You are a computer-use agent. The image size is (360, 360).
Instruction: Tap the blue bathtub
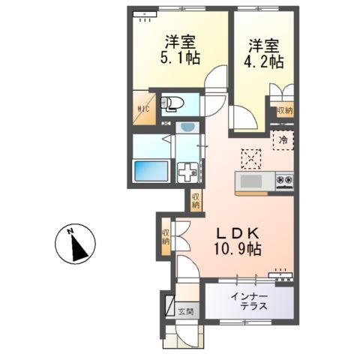pyautogui.click(x=150, y=171)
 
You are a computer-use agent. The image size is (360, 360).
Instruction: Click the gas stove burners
pyautogui.click(x=285, y=181)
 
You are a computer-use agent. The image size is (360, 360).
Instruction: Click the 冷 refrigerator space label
pyautogui.click(x=283, y=139)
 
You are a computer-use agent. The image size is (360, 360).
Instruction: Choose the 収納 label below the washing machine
pyautogui.click(x=195, y=200)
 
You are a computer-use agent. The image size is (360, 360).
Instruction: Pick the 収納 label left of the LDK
pyautogui.click(x=165, y=238)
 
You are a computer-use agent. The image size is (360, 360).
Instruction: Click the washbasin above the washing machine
pyautogui.click(x=186, y=128)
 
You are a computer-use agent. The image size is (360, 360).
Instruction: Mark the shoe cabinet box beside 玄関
pyautogui.click(x=168, y=306)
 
